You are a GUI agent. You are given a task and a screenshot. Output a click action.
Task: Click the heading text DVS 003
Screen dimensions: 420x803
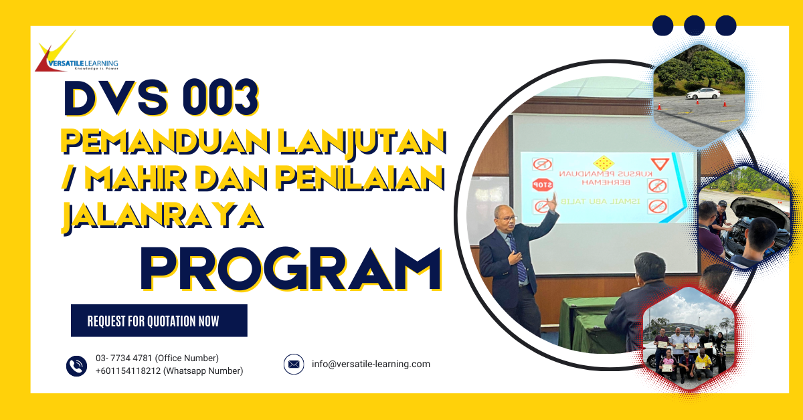coord(161,99)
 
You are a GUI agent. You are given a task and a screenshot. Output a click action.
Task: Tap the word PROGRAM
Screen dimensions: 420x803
coord(291,269)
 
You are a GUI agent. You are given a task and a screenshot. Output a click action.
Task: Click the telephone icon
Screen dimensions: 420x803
coord(76,365)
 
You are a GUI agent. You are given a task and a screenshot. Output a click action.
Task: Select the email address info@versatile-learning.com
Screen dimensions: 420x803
coord(371,364)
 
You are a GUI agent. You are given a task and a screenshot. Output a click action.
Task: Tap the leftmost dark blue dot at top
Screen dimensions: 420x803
coord(662,25)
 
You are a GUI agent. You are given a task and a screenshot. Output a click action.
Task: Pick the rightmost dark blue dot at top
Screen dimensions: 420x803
coord(725,25)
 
